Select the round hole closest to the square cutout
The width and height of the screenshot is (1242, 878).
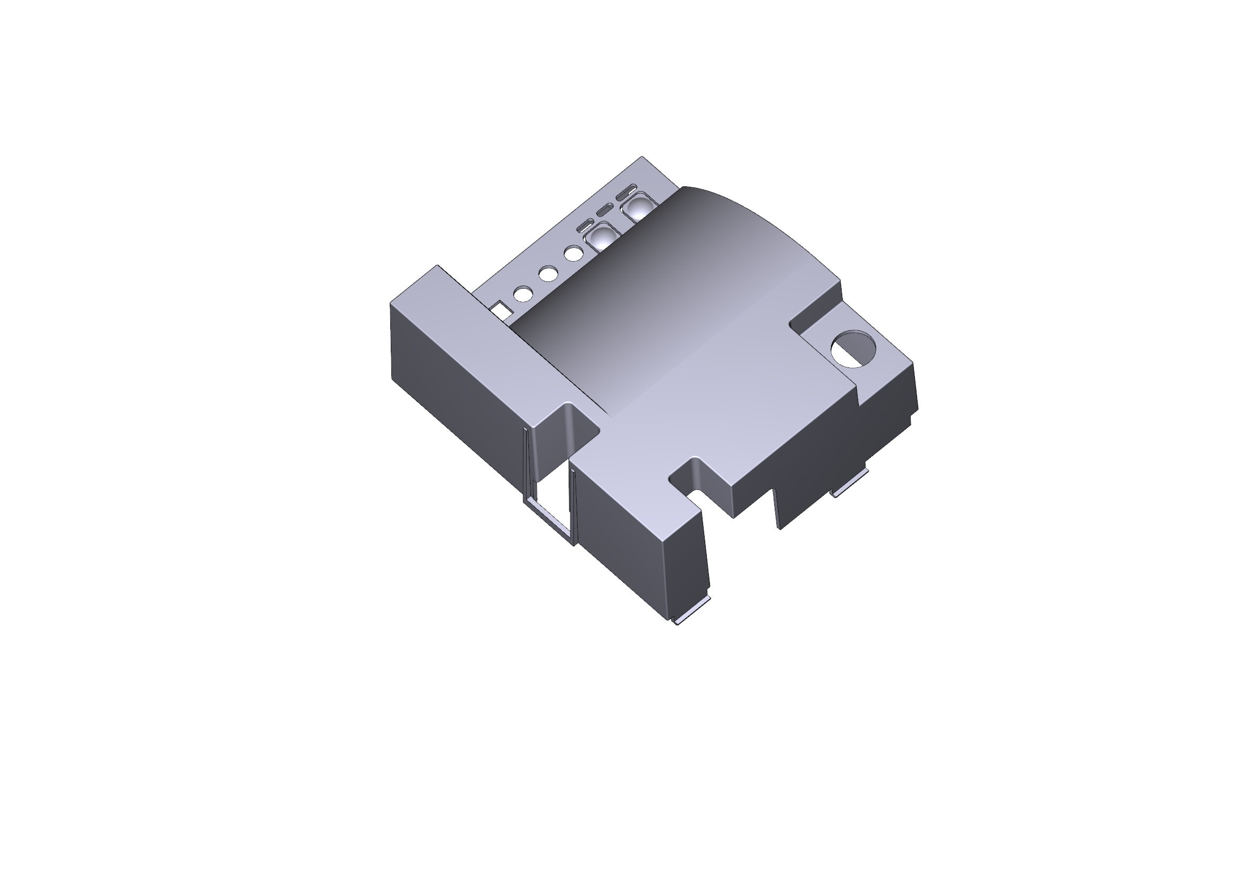point(523,294)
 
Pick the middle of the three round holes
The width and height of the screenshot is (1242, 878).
point(548,273)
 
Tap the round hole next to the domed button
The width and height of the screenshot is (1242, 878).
point(573,253)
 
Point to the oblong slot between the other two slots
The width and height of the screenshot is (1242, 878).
point(605,210)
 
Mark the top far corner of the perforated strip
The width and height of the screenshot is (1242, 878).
point(642,157)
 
